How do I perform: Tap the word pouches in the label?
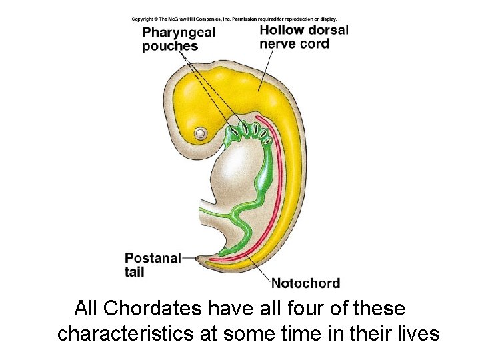click(x=170, y=46)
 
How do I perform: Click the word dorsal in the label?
click(x=329, y=30)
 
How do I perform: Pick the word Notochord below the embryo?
click(x=305, y=283)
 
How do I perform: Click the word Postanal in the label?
click(x=153, y=259)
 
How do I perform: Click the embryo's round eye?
click(x=200, y=133)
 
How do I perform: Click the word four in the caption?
click(x=290, y=309)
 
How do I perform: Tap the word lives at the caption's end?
click(x=417, y=333)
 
